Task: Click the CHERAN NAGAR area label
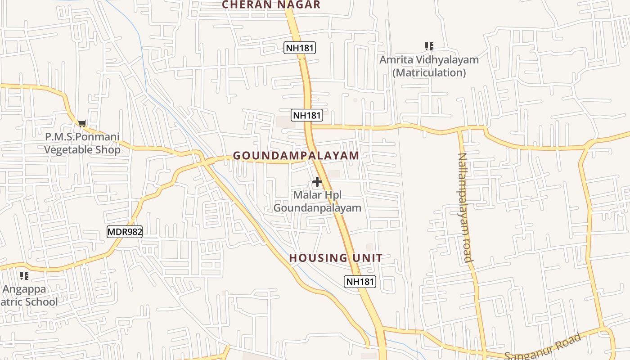[271, 5]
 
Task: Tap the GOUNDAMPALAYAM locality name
[296, 156]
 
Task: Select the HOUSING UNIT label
[336, 258]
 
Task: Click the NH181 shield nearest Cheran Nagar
[299, 48]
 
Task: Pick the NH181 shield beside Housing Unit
[360, 282]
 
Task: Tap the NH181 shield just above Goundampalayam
[307, 115]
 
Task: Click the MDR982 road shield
[125, 232]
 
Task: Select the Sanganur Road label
[542, 347]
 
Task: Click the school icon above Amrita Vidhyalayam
[429, 46]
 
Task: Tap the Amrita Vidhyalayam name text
[429, 59]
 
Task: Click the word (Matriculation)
[429, 72]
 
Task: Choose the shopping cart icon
[82, 123]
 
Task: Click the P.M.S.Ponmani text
[82, 136]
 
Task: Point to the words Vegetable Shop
[82, 149]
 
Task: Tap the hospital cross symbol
[317, 182]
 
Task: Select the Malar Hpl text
[317, 195]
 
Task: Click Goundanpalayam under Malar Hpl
[317, 208]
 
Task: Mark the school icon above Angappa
[24, 275]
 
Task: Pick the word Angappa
[24, 288]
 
